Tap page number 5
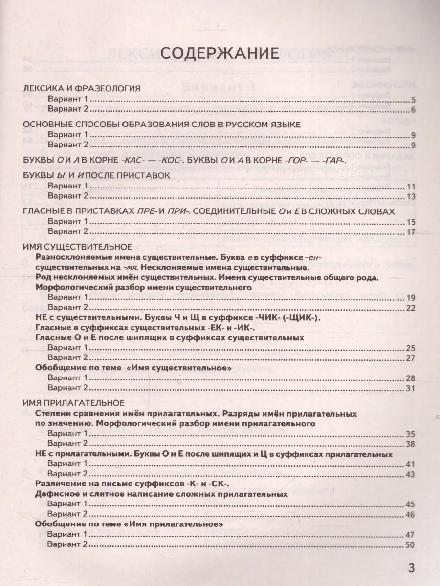pos(413,100)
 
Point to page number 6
pos(413,109)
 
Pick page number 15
pos(411,222)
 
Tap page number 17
pos(411,232)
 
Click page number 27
pos(411,358)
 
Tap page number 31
pos(411,388)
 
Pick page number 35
pos(411,434)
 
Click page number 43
pos(411,474)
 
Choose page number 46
pos(411,514)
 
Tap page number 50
pos(411,544)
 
